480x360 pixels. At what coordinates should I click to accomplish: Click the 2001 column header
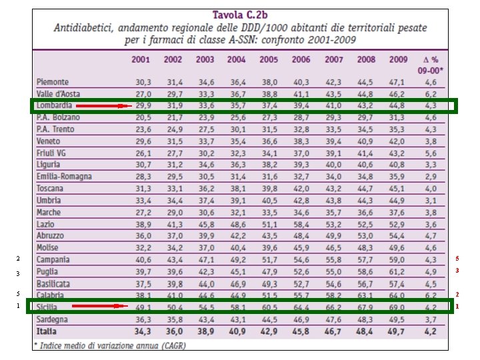point(141,59)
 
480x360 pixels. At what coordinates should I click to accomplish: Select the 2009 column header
point(398,59)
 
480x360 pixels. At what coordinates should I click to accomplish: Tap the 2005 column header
point(269,59)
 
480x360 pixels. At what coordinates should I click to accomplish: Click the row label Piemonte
point(53,82)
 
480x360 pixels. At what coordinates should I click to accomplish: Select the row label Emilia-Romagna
point(65,177)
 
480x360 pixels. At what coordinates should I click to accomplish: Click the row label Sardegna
point(54,319)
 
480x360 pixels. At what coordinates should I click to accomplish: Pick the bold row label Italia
point(47,331)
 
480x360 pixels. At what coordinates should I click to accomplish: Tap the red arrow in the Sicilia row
point(99,306)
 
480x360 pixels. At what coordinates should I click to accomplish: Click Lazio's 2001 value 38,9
point(143,224)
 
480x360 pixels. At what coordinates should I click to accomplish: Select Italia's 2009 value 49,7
point(398,331)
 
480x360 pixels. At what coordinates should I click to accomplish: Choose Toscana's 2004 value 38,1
point(237,189)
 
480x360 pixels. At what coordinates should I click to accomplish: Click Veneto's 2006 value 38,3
point(301,141)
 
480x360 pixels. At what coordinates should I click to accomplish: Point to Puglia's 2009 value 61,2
point(398,272)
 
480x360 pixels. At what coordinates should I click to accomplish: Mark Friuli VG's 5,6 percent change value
point(431,153)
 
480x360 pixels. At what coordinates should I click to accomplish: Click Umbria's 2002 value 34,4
point(173,201)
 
